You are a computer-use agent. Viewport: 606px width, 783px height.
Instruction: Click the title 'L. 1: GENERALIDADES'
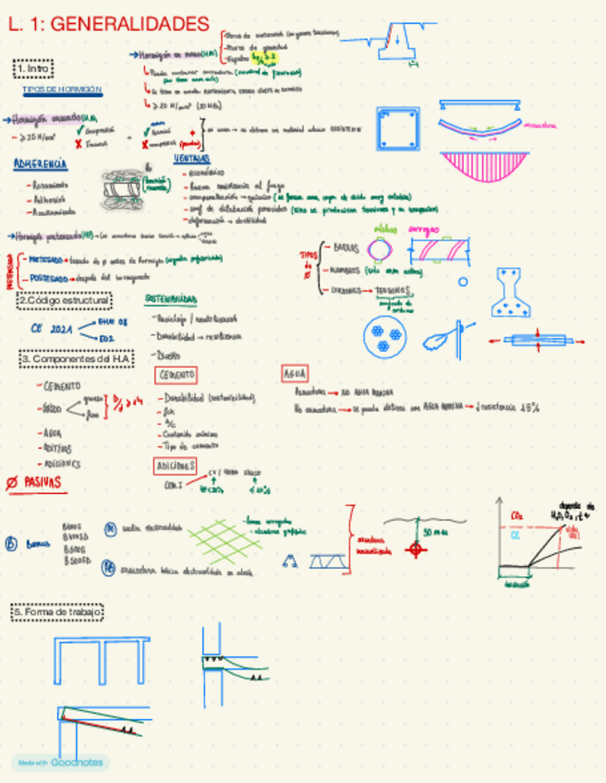click(109, 24)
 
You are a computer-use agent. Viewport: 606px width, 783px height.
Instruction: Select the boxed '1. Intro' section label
click(34, 68)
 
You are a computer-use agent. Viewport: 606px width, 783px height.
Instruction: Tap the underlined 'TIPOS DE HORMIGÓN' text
click(62, 90)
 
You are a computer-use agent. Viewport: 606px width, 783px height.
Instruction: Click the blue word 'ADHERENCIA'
click(40, 164)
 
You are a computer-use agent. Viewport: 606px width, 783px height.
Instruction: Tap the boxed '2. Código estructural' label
click(64, 300)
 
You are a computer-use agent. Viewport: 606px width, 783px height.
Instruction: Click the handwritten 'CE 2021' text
click(50, 327)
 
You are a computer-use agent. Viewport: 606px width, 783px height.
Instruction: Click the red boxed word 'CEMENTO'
click(176, 375)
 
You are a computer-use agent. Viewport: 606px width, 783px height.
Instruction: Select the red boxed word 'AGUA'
click(293, 374)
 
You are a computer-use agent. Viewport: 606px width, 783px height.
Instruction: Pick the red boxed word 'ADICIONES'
click(175, 465)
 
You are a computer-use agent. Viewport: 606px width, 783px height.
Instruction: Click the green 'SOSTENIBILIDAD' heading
click(170, 300)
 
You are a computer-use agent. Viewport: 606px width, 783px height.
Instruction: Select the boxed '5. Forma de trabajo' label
click(57, 612)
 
